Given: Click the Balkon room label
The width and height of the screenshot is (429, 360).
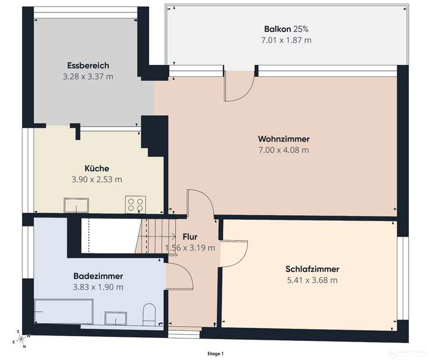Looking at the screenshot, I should point(277,29).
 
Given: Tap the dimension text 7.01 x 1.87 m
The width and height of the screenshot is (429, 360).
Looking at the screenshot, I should point(287,40).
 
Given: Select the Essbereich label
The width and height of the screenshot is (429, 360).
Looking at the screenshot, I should point(88,66).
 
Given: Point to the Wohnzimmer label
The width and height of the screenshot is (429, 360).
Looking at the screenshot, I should point(284,139).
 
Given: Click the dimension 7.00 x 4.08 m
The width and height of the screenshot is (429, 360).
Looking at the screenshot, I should point(284,150).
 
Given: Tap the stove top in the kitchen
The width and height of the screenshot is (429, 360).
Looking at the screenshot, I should point(135,204).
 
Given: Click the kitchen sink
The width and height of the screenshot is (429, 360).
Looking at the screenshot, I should point(77,207).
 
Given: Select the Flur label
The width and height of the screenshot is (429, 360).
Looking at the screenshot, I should point(190,237).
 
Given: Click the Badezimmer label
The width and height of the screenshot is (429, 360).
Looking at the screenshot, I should point(98,276).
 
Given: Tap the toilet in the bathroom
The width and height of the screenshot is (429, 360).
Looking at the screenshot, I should point(150,314).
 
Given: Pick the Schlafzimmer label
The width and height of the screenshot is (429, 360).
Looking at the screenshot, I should point(311,269).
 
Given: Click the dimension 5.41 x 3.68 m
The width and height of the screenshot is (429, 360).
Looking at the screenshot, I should point(311,280).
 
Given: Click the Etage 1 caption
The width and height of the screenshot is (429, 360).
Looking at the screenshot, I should point(216,354).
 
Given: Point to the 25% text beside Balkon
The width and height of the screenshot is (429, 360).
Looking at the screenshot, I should point(301,29).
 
